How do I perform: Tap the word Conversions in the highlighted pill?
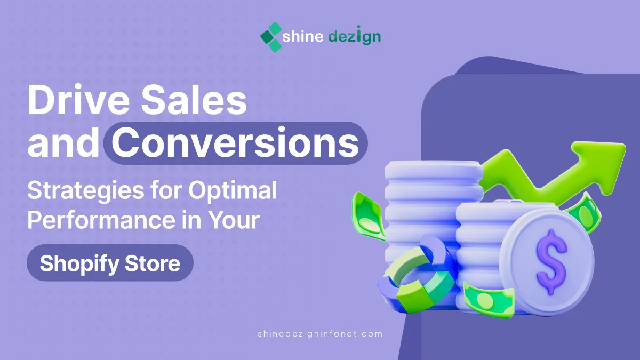pyautogui.click(x=235, y=142)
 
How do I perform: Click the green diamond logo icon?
pyautogui.click(x=271, y=37)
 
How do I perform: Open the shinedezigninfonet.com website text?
pyautogui.click(x=320, y=334)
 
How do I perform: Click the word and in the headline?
pyautogui.click(x=63, y=142)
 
